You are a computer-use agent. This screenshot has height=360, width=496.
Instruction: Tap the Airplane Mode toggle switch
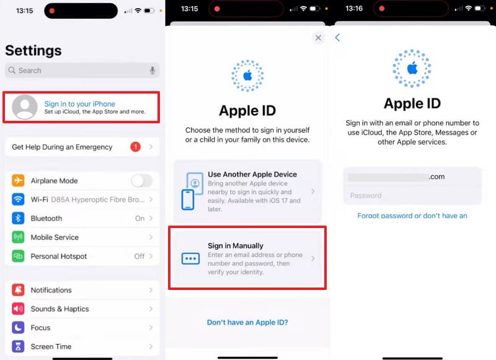141,181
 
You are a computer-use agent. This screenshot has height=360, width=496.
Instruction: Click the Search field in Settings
74,71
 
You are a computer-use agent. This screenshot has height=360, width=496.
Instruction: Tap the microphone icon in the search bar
153,71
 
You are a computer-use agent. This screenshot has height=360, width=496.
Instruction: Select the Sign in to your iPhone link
79,104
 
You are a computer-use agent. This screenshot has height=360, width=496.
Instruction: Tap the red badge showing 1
135,147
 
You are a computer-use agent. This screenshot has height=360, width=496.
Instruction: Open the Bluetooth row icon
19,219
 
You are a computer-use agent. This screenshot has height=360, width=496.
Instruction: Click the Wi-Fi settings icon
19,200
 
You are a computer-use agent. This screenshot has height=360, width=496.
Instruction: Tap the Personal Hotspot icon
19,257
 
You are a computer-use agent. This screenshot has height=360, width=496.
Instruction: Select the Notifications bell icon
19,290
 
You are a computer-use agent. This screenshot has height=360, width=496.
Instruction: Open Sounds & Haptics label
60,309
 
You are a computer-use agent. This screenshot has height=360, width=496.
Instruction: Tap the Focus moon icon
19,328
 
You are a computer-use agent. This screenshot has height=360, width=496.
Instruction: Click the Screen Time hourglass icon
19,347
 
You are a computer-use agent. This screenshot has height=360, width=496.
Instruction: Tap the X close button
318,38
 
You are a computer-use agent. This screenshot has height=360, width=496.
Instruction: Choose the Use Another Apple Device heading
252,174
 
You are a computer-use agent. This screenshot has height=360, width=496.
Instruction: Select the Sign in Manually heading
236,246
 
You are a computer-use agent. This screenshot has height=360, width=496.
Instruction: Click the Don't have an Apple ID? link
247,322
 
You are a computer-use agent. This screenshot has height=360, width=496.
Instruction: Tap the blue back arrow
338,38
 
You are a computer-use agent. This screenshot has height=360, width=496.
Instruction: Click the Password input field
412,196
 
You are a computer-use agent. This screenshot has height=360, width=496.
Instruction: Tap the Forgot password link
412,216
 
